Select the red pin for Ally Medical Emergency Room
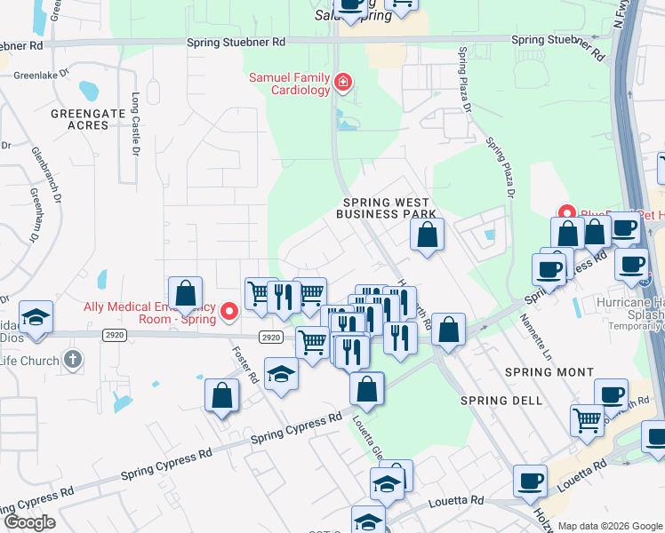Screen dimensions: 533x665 229,311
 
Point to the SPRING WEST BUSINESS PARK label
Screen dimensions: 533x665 387,208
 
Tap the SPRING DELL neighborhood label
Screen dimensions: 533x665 501,401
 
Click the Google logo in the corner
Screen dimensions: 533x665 28,523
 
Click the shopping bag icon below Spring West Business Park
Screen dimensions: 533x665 427,235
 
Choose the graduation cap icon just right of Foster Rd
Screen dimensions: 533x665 281,373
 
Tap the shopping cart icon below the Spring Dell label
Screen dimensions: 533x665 587,419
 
